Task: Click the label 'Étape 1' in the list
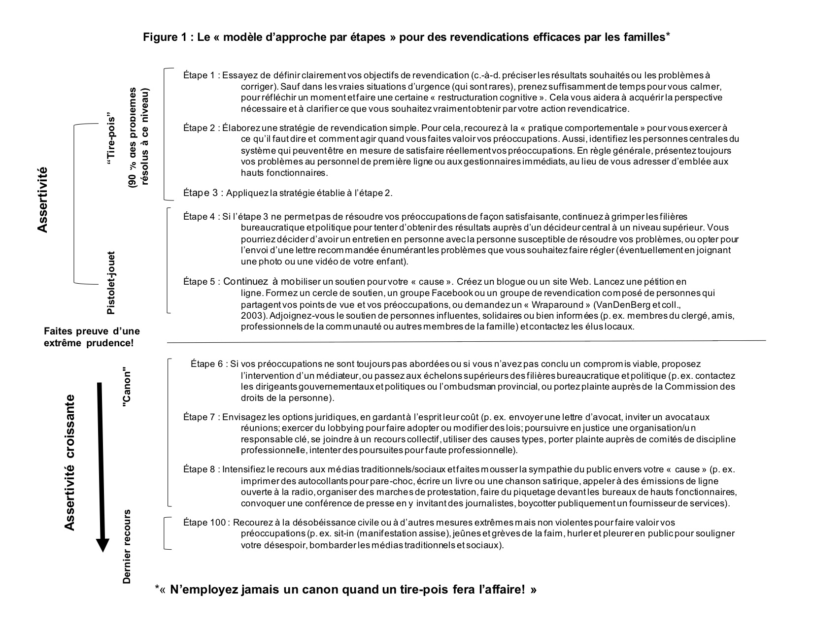[199, 75]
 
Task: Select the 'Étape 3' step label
[200, 193]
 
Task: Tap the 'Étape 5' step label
[199, 282]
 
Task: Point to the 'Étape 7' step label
[199, 417]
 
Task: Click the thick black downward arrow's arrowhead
[102, 544]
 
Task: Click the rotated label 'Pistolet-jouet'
[111, 282]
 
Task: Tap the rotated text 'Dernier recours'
[127, 547]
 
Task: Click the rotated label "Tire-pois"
[111, 143]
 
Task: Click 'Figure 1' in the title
[165, 37]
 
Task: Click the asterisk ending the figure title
[668, 34]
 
